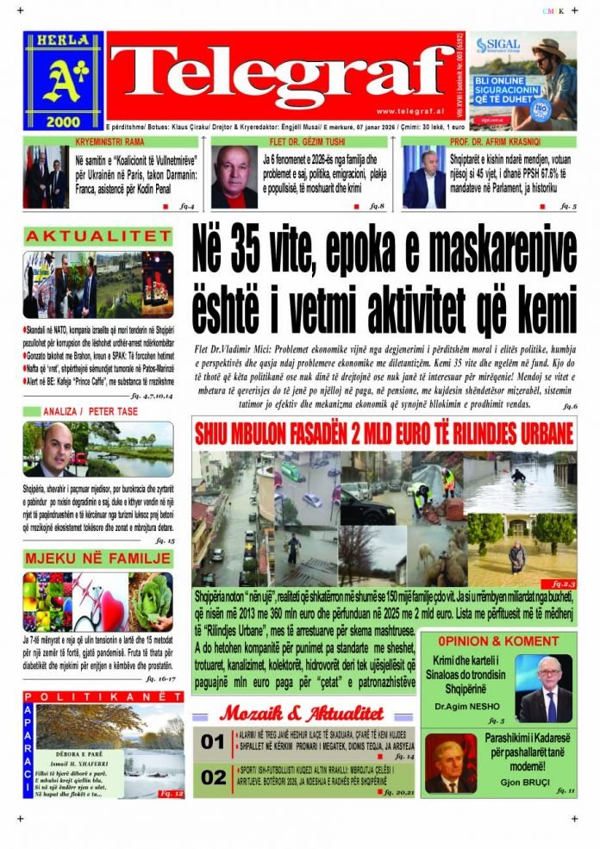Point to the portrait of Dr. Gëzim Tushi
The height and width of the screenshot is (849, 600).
click(x=234, y=176)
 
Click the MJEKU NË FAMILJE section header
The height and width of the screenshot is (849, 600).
click(x=97, y=559)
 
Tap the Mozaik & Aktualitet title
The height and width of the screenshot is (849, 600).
click(x=301, y=713)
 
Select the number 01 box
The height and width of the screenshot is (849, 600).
click(x=212, y=741)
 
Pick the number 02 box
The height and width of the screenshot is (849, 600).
click(x=212, y=777)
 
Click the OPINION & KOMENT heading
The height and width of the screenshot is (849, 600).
click(x=498, y=641)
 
